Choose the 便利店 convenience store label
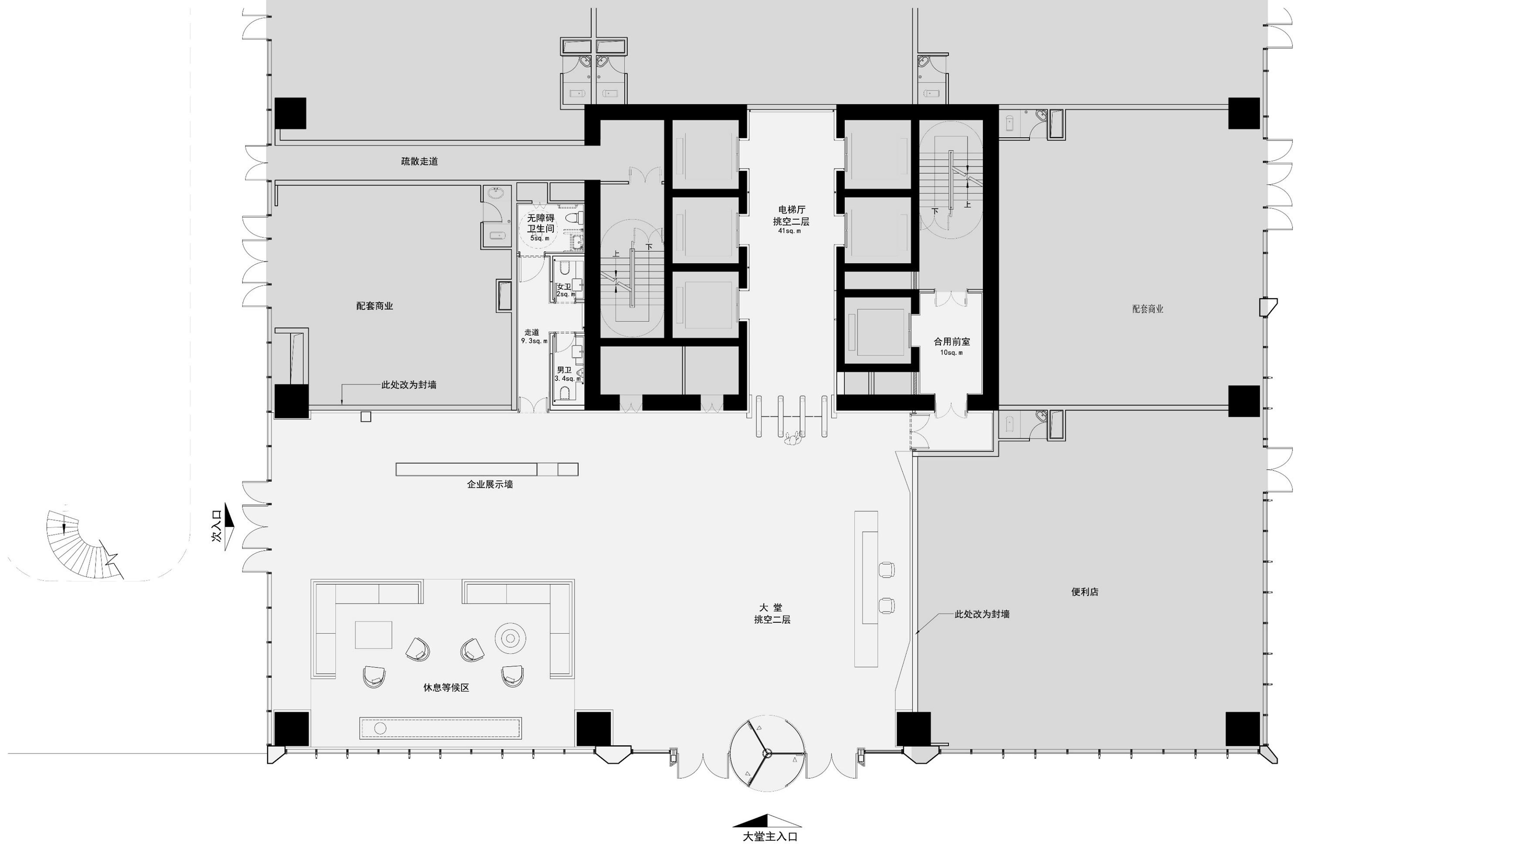[1085, 592]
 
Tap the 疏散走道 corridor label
[420, 161]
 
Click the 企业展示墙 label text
[490, 484]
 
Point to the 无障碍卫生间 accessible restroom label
[541, 224]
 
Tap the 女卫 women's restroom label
[564, 286]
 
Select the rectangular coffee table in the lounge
[373, 635]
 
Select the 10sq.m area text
[951, 353]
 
